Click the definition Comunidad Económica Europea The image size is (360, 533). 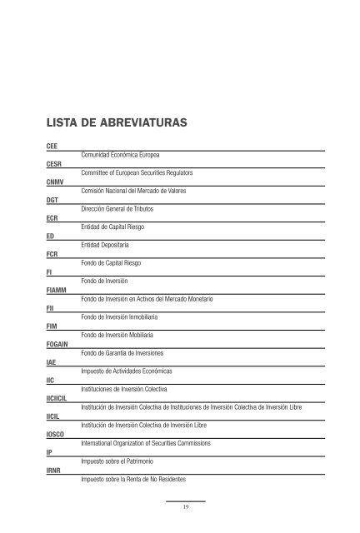(121, 156)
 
